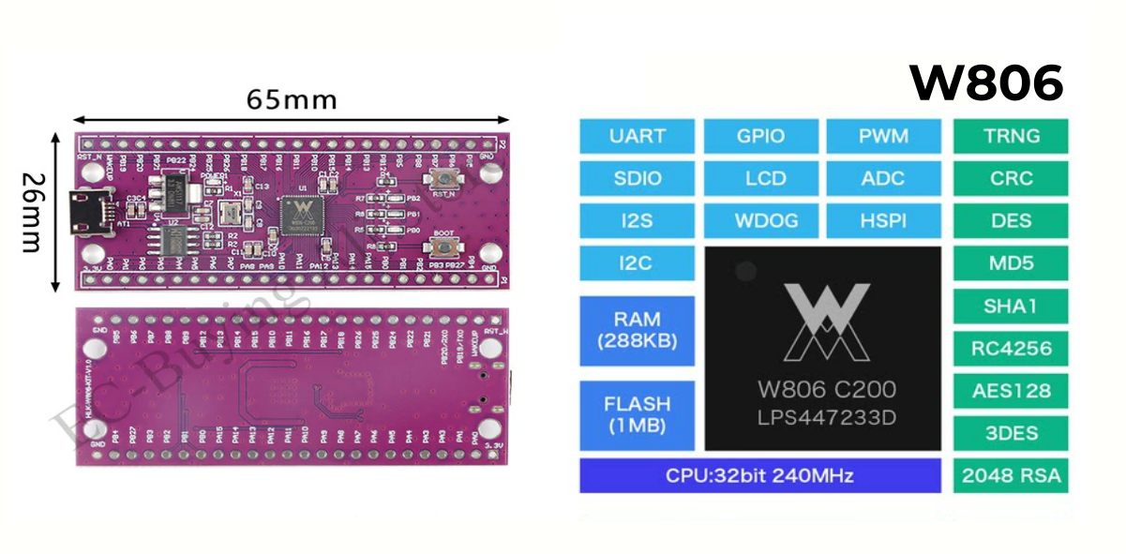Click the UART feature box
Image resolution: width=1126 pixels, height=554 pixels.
pos(637,136)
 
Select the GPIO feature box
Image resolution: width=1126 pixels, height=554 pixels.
pos(760,136)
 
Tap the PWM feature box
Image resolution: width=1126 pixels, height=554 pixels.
pos(883,136)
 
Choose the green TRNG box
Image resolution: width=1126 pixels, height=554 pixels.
pos(1011,136)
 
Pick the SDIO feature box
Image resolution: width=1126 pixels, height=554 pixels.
pos(637,178)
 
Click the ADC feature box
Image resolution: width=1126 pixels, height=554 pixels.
pos(883,178)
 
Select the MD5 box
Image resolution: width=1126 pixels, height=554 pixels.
pos(1011,263)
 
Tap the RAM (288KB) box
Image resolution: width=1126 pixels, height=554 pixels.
pos(637,330)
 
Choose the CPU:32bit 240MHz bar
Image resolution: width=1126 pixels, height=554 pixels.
pos(759,475)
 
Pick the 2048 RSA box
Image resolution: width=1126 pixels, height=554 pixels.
pos(1011,475)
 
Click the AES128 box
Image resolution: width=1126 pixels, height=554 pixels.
pos(1011,391)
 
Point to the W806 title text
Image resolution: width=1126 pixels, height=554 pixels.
pos(986,84)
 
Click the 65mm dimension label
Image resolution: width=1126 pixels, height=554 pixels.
pos(291,98)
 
